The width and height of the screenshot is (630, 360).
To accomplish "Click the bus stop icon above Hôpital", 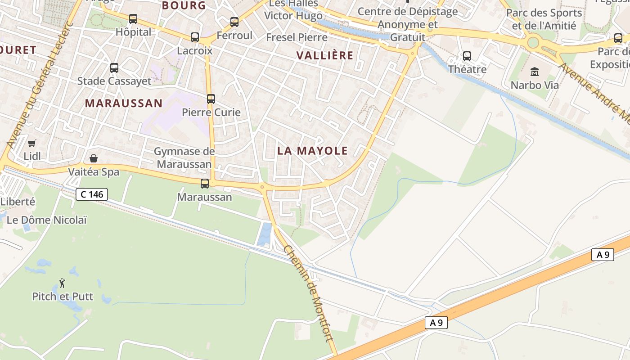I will click(x=133, y=19).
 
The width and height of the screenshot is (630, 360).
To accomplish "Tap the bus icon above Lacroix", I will click(x=195, y=37).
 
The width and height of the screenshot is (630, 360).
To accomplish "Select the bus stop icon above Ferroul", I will click(x=234, y=22).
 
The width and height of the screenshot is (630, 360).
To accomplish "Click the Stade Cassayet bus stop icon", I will click(x=114, y=68).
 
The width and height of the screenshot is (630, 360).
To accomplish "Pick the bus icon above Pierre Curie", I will click(x=211, y=99).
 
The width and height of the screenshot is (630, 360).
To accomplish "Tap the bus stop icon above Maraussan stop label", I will click(x=205, y=184).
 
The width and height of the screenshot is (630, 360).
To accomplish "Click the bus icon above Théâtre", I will click(x=467, y=56).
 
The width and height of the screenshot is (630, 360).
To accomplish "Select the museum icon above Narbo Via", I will click(x=535, y=72).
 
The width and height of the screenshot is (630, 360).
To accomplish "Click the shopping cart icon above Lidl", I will click(x=32, y=144).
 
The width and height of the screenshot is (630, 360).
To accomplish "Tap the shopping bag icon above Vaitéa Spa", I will click(x=94, y=158).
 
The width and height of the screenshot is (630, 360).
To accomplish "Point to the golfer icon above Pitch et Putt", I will click(x=62, y=283).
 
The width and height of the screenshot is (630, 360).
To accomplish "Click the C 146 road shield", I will click(x=92, y=194).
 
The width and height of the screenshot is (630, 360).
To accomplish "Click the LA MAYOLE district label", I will click(x=312, y=151).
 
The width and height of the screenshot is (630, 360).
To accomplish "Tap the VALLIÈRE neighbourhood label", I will click(x=325, y=55).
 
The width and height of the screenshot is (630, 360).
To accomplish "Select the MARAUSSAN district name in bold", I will click(x=124, y=103).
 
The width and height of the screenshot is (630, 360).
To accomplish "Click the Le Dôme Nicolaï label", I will click(x=47, y=220).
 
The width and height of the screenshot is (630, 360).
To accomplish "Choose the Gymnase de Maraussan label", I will click(x=184, y=157).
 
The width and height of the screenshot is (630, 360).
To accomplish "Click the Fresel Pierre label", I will click(x=297, y=37).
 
